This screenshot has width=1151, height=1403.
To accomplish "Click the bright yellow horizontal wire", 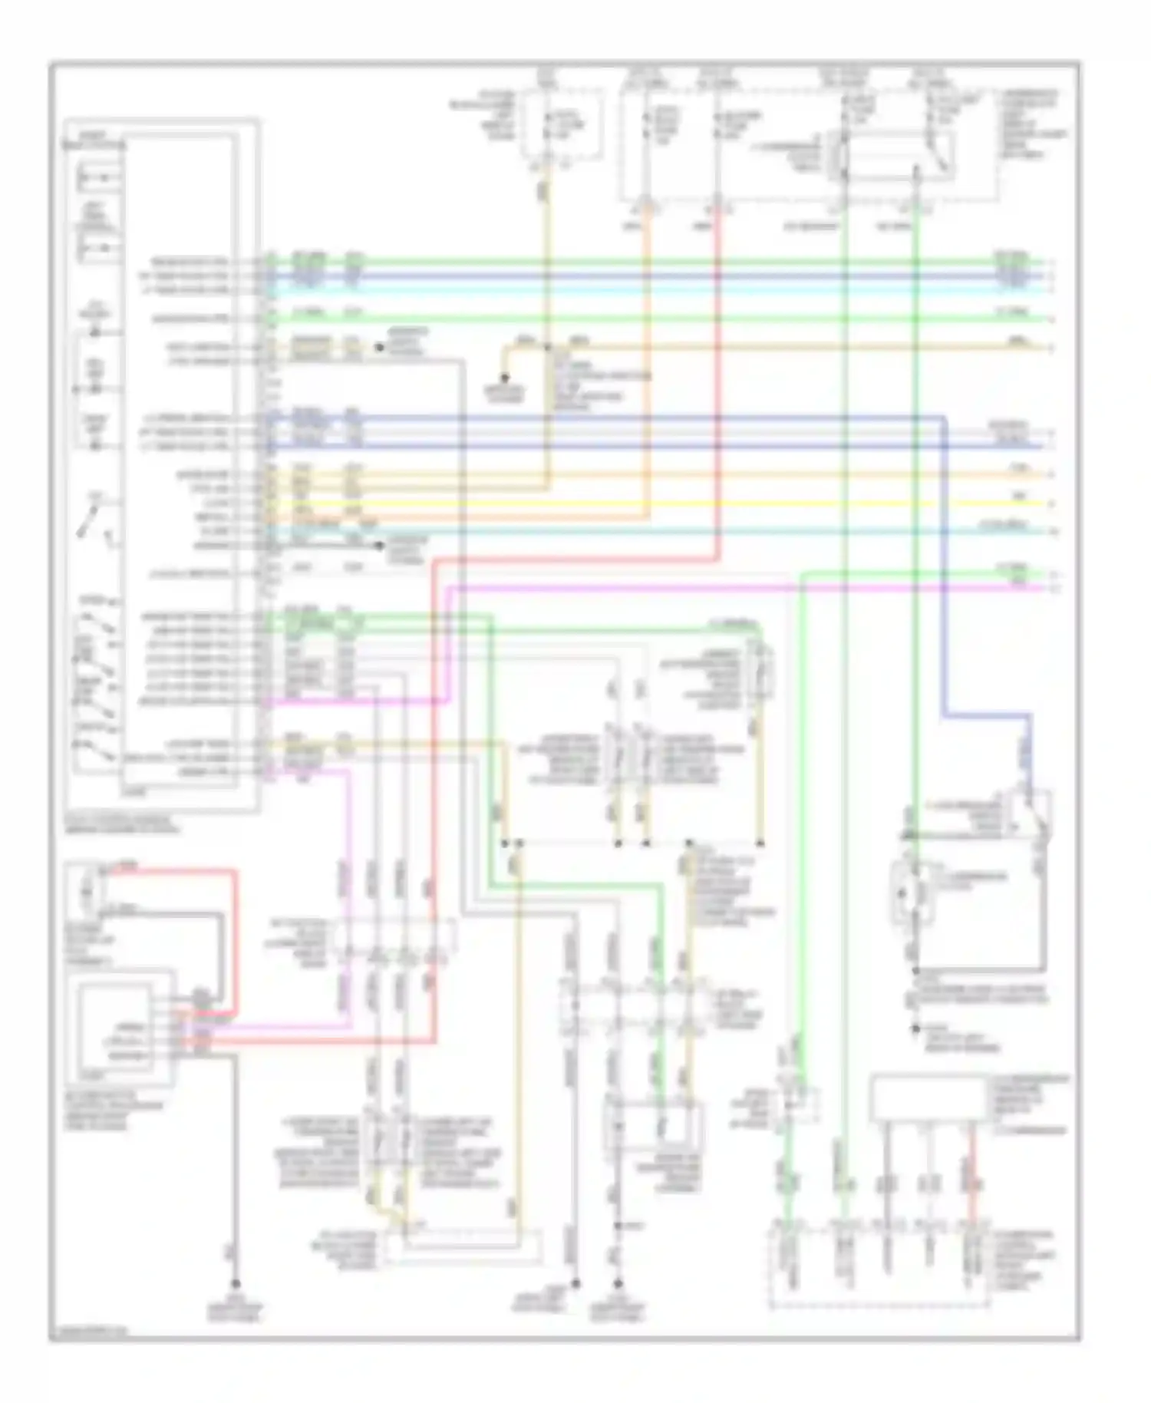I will (x=691, y=504).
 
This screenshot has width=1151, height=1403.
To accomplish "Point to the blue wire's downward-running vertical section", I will (x=944, y=568).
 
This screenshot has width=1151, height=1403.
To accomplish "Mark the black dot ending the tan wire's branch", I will (x=504, y=378).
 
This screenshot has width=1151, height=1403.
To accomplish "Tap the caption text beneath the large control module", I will (x=123, y=824).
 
